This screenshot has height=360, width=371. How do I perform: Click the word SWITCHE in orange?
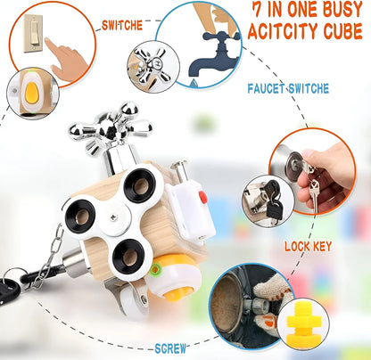pos(122,26)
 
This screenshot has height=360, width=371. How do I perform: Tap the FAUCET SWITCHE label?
pos(288,88)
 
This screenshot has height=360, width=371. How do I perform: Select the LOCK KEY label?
pos(308,247)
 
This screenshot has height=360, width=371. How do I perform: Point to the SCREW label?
pos(170,348)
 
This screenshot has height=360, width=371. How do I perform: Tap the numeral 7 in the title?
pos(258,11)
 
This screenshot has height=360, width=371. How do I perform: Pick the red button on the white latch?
pos(203,197)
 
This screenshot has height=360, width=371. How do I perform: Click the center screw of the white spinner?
pos(113,217)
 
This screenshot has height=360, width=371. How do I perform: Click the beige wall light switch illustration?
pos(33,34)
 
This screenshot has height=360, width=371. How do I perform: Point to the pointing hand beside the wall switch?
pos(66,59)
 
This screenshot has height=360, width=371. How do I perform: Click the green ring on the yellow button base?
pos(155,270)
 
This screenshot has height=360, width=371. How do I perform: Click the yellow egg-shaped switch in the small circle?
pos(31,93)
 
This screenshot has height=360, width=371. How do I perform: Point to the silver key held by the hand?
pos(314,193)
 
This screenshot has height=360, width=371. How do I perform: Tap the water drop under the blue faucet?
pos(194,82)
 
